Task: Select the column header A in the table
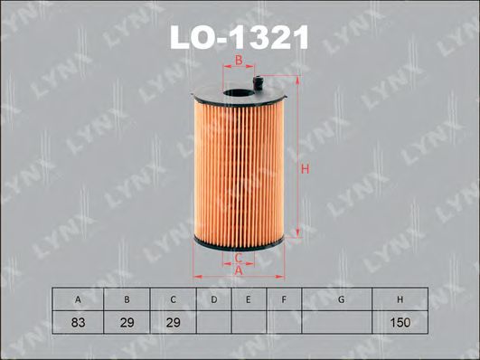click(x=78, y=299)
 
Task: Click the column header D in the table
click(x=213, y=299)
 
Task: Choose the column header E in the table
click(x=247, y=299)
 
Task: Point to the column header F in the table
click(x=283, y=299)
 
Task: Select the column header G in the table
click(x=340, y=299)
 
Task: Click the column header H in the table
click(x=400, y=299)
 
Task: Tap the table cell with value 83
click(x=78, y=322)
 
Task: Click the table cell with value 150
click(x=400, y=322)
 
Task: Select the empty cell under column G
click(x=340, y=322)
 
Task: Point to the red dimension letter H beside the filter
click(x=305, y=169)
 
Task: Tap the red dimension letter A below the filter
click(x=239, y=271)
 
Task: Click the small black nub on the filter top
click(x=259, y=84)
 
